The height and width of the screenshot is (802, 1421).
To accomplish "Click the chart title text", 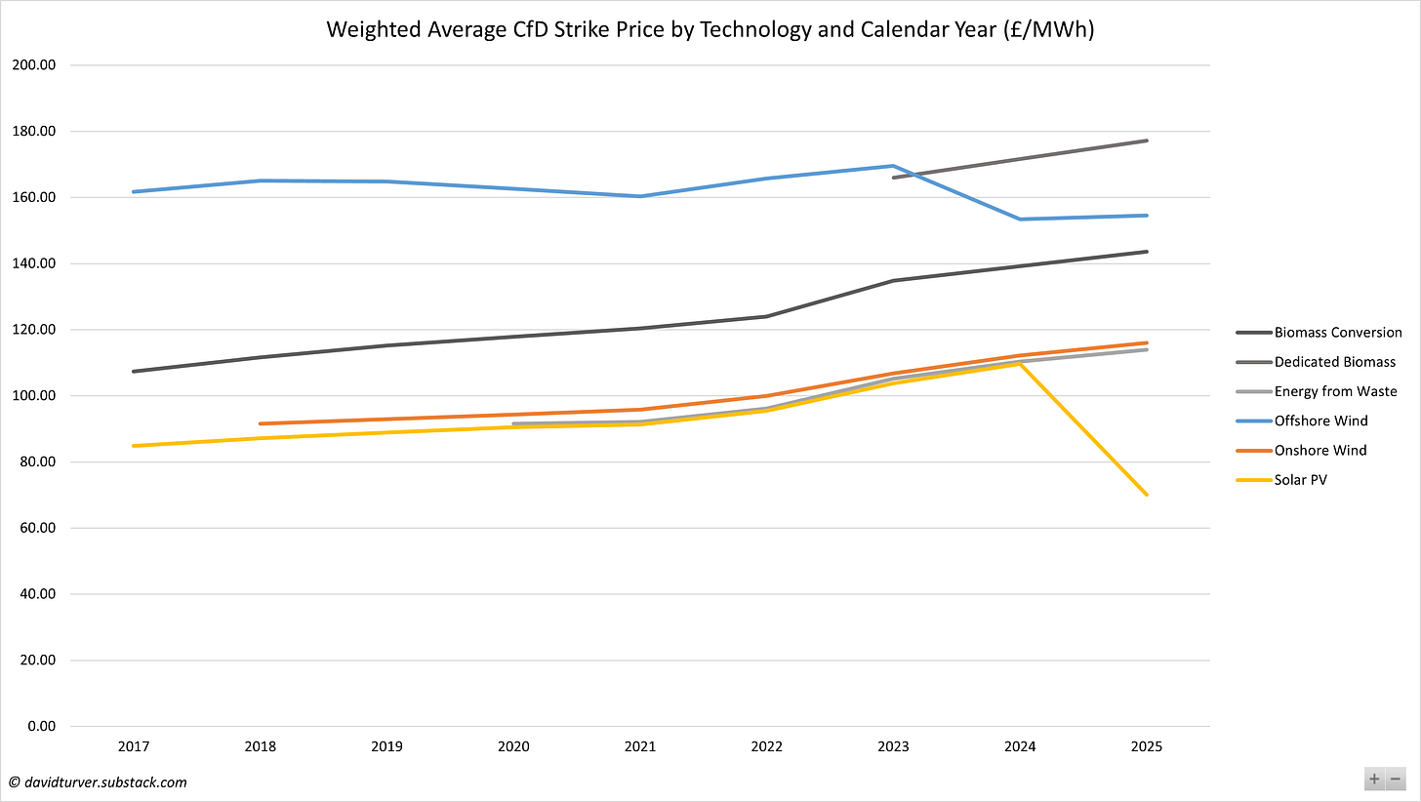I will tap(710, 29).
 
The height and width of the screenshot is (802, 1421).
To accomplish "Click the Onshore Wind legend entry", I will tap(1319, 450).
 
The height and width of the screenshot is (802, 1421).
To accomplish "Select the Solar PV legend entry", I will tap(1300, 479).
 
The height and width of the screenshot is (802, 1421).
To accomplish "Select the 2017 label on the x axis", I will tap(134, 746).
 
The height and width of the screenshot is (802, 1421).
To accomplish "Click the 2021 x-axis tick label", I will tap(640, 746).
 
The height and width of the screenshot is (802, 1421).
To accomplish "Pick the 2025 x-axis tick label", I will tap(1147, 746).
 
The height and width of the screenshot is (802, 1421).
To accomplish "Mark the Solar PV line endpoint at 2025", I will tap(1147, 495).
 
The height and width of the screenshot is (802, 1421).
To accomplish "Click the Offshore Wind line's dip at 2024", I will tap(1020, 219).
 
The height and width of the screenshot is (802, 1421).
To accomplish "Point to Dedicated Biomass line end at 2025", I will tap(1147, 140).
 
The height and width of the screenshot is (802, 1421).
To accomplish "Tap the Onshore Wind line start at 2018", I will tap(261, 423).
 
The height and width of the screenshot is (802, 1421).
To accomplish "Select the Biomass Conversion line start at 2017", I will tap(134, 371).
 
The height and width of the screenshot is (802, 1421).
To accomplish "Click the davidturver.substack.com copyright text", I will tap(98, 782).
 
